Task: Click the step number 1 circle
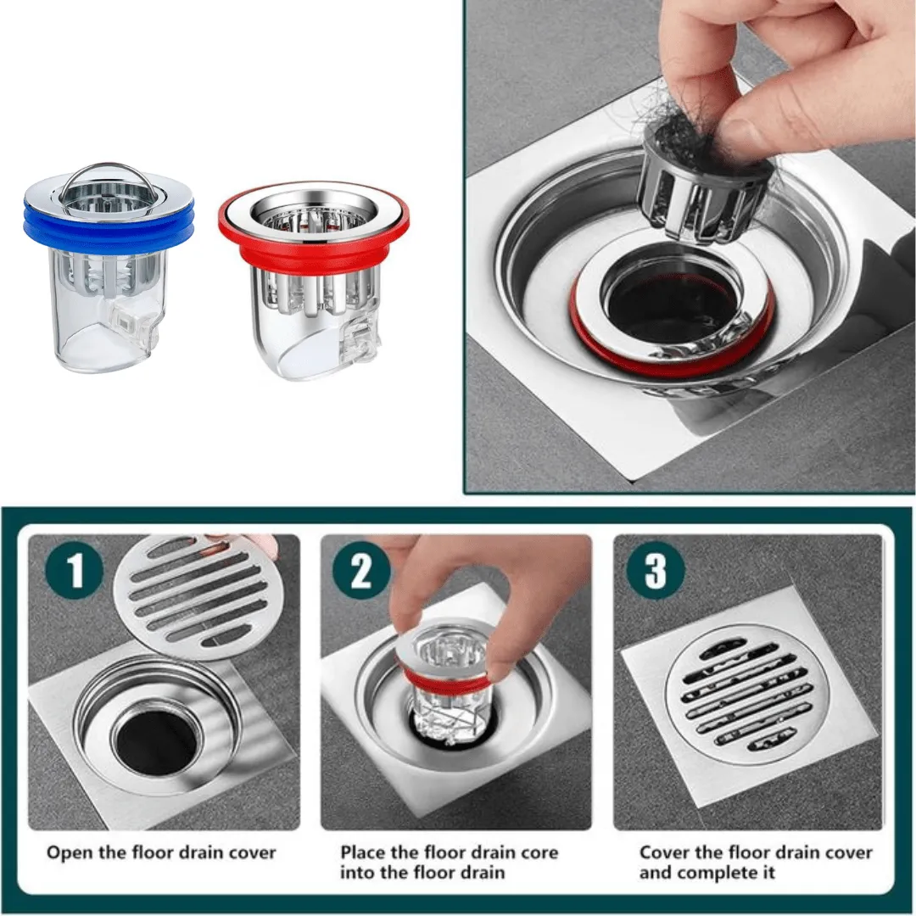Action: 75,569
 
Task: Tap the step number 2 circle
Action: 361,570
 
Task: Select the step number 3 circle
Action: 656,570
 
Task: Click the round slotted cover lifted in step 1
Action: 198,595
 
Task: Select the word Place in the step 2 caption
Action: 363,852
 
